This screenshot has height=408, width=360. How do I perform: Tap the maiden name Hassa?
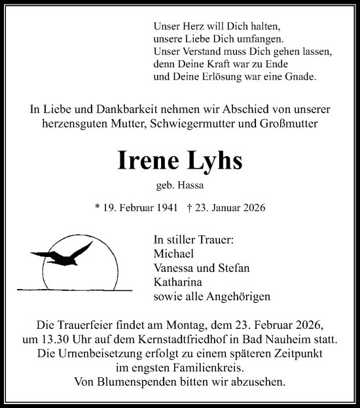[191, 186]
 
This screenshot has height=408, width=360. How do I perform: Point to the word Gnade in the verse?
[300, 77]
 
